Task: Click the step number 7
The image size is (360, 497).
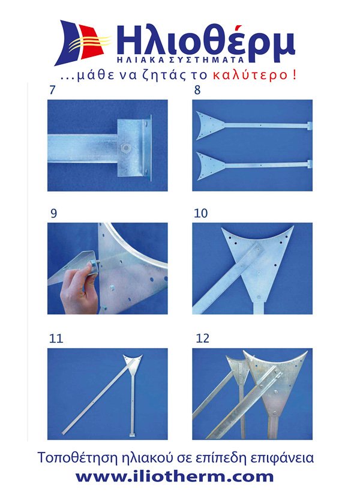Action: click(52, 90)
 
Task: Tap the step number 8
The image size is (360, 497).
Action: click(197, 90)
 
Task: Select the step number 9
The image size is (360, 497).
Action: click(54, 213)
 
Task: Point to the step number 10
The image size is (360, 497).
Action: click(200, 213)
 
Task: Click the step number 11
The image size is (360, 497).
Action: click(56, 339)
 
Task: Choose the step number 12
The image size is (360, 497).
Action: click(203, 339)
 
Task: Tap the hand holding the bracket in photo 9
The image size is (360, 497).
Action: click(80, 289)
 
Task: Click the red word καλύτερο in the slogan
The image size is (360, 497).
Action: click(250, 75)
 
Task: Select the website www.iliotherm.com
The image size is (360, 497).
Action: click(175, 477)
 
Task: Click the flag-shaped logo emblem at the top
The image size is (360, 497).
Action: click(83, 43)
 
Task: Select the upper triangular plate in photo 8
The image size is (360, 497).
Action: click(210, 125)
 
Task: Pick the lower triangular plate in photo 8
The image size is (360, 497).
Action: click(211, 166)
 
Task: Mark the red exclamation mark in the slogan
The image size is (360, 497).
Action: click(295, 75)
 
